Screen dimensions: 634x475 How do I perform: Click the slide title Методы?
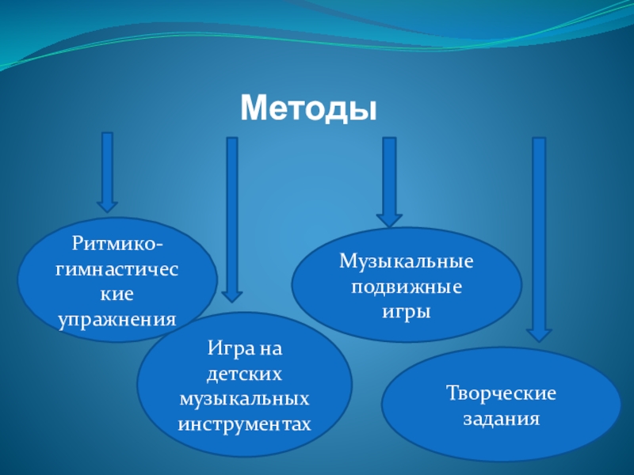(307, 106)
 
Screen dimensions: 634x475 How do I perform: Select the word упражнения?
(117, 319)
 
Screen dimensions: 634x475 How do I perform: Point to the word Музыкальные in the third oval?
(407, 260)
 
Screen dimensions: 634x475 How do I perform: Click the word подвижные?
(407, 286)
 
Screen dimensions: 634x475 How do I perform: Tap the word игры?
(407, 311)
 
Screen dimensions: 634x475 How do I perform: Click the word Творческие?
(501, 393)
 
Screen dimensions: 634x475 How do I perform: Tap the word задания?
(501, 419)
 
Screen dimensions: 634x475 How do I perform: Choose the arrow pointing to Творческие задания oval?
(539, 237)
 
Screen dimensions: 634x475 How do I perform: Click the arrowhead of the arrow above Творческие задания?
(539, 332)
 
